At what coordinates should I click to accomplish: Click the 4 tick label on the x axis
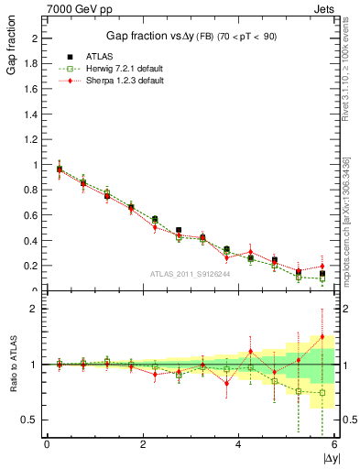point(238,444)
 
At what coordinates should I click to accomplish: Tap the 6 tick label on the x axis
point(333,444)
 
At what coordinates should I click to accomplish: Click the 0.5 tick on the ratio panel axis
point(30,420)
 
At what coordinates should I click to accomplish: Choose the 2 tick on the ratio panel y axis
point(34,309)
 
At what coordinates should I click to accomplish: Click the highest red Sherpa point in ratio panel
point(322,336)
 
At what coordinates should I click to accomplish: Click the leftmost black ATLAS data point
point(60,169)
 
